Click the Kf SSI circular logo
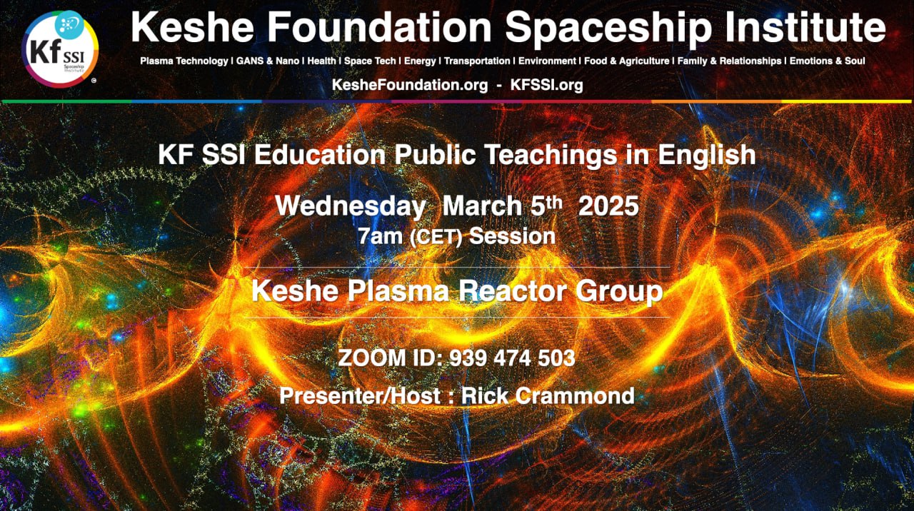60,49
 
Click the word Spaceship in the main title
609,27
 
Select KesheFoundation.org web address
410,85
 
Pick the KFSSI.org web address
547,85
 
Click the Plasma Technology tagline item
184,61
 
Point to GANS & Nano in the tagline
268,61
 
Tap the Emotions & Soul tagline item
827,61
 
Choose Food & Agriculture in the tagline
627,61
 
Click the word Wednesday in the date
351,206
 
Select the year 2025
608,206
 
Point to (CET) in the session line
436,238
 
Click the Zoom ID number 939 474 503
512,358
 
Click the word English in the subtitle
707,156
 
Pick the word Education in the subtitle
320,155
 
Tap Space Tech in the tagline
370,61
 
